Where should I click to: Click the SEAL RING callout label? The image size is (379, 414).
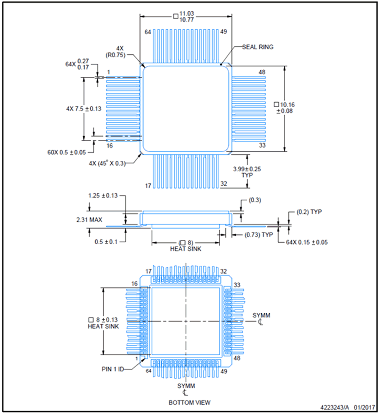(257, 47)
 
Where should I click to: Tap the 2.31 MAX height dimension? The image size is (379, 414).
(89, 220)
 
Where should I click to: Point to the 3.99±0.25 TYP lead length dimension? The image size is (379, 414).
(247, 172)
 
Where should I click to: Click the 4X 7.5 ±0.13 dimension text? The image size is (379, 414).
(84, 109)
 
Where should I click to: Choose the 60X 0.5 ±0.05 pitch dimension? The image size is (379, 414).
(67, 152)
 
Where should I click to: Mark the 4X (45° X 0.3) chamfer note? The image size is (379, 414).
(107, 164)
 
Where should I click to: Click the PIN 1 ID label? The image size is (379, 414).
(112, 369)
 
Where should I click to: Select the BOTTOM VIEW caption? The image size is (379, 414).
(189, 402)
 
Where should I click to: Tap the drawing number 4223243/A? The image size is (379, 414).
(335, 407)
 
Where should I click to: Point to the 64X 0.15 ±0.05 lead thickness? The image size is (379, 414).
(307, 242)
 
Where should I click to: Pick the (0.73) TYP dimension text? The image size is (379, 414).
(259, 235)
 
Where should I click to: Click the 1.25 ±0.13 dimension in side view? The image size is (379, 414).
(103, 195)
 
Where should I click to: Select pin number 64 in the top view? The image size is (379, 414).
(148, 32)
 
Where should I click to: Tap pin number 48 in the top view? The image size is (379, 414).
(262, 72)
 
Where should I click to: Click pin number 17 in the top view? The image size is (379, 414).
(148, 186)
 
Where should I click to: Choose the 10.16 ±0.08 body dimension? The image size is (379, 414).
(284, 108)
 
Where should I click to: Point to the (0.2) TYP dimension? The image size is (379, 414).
(309, 212)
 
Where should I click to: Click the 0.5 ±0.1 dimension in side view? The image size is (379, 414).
(106, 242)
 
